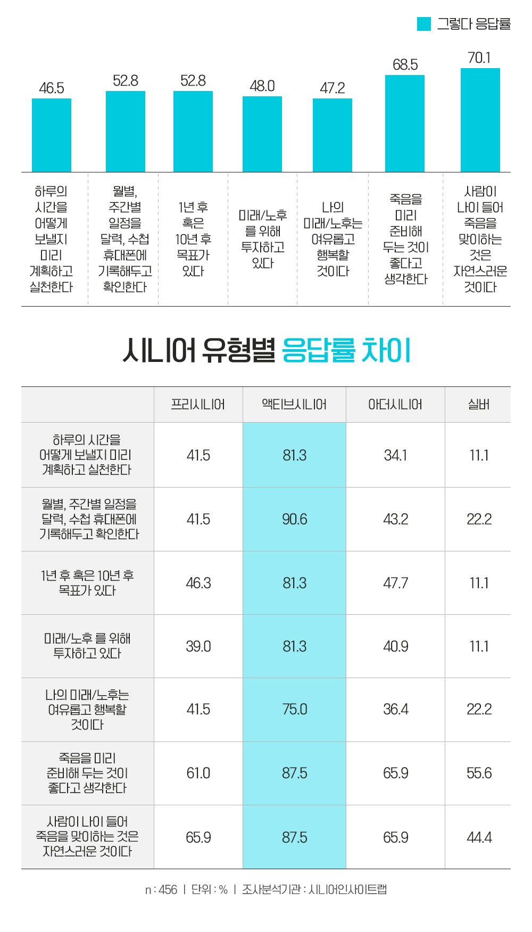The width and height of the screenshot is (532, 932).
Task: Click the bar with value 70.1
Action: point(480,120)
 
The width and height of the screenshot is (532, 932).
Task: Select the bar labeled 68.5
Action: point(404,123)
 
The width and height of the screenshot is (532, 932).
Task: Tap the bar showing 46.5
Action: point(52,135)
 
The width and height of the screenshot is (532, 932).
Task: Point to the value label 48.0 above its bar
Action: point(262,86)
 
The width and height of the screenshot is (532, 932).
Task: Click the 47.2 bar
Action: point(332,135)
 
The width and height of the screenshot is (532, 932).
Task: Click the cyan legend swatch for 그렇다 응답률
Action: point(423,24)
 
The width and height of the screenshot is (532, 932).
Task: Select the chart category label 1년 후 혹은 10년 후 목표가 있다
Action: point(193,239)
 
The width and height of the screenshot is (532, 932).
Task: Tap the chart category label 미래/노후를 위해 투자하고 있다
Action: point(263,239)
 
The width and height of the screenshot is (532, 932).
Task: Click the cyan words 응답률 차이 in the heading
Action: point(346,351)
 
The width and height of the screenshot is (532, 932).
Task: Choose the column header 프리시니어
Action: point(198,405)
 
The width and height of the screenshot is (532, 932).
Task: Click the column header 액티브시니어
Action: point(294,405)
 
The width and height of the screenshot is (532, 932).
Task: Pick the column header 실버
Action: point(479,405)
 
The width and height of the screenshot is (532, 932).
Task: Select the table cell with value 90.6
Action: point(295,519)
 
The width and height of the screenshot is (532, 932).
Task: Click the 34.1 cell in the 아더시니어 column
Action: point(395,455)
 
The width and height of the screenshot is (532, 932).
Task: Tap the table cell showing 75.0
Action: point(295,710)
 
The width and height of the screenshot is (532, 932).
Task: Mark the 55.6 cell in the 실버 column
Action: point(479,773)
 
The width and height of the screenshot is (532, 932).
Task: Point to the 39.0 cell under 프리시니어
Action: point(198,646)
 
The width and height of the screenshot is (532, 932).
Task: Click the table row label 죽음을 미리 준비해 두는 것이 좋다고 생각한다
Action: point(87,773)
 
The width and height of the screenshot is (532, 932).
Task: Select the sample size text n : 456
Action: point(161,889)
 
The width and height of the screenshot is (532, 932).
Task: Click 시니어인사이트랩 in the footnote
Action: point(347,889)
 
